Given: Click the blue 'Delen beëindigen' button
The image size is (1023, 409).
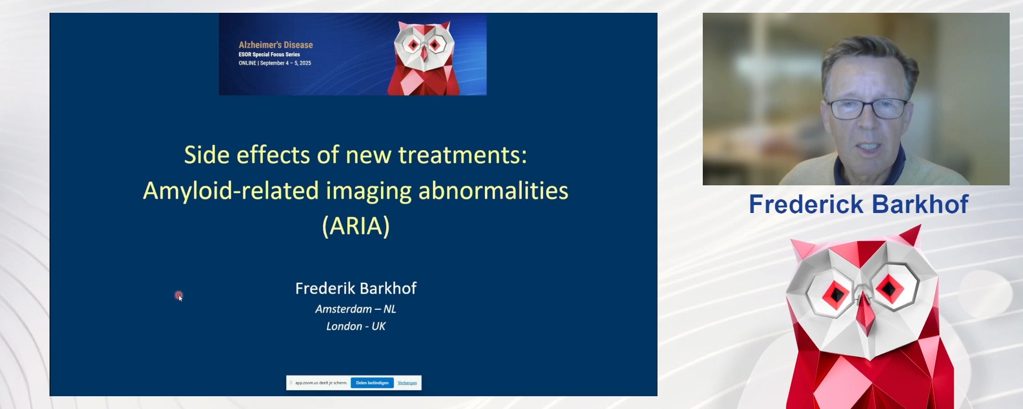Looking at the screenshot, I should (372, 383).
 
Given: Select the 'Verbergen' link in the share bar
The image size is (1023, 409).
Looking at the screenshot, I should (407, 383).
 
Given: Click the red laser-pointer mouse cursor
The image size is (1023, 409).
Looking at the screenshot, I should (179, 296).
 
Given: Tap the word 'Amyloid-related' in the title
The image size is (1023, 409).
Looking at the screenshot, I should (231, 191).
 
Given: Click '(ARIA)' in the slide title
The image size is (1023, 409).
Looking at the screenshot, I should (356, 226).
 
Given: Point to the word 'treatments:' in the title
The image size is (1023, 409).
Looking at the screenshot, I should (462, 155).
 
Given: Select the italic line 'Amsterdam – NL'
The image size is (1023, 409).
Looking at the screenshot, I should (355, 309).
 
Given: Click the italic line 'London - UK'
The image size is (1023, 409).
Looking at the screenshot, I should (355, 326).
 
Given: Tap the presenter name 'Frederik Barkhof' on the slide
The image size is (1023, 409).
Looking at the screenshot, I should (355, 288).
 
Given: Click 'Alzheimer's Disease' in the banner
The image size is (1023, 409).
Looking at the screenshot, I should (275, 45).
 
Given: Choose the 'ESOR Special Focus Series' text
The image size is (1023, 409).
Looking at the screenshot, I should (269, 54).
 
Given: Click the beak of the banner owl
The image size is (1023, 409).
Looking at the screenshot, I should (424, 53).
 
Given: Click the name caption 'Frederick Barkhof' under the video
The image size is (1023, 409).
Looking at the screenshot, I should (858, 204).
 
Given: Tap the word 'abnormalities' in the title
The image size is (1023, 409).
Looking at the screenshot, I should (493, 191).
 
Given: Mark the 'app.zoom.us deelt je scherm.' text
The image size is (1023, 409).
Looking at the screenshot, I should (321, 383).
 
